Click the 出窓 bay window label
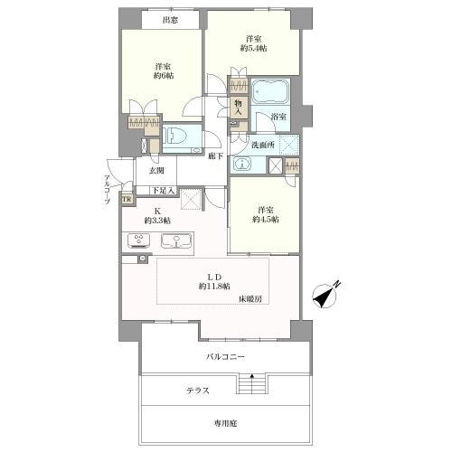[x=171, y=20]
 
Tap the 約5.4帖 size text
[x=253, y=48]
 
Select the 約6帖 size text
[x=164, y=75]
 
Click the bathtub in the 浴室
[x=270, y=91]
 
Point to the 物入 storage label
[x=239, y=107]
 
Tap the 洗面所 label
[x=263, y=145]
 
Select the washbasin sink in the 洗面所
[x=241, y=165]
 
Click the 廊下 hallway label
[x=216, y=155]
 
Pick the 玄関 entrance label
[x=156, y=171]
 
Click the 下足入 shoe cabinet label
[x=163, y=191]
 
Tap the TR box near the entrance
[x=127, y=200]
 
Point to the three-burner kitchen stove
[x=139, y=240]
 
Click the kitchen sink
[x=176, y=241]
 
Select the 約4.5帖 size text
[x=265, y=220]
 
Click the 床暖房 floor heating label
[x=250, y=298]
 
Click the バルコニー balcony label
[x=225, y=357]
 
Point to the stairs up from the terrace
[x=251, y=383]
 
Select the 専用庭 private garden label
[x=225, y=423]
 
